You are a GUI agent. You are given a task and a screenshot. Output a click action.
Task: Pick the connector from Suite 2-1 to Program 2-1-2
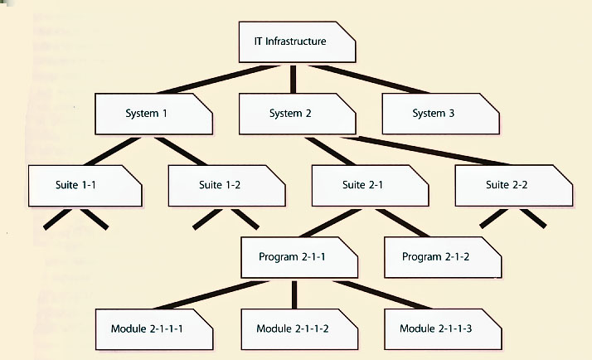pyautogui.click(x=403, y=221)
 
